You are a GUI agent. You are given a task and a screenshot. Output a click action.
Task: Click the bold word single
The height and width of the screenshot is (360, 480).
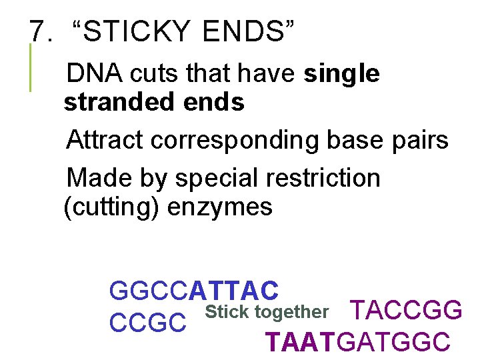point(341,74)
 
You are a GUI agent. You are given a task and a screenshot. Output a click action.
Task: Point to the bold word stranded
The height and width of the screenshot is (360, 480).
point(119,103)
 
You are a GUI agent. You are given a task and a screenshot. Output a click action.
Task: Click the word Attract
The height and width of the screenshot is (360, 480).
point(106,140)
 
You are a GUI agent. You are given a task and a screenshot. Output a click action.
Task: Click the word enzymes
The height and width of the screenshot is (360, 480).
point(220,208)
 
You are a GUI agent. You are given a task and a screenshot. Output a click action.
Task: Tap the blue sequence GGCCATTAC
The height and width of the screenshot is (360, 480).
point(193,291)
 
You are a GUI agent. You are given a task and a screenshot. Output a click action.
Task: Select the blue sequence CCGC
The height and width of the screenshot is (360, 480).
point(147,322)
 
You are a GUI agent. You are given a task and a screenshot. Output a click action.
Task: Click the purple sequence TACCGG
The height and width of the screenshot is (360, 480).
point(406,311)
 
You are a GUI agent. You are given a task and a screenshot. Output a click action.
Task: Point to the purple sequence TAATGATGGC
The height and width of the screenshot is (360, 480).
point(358,342)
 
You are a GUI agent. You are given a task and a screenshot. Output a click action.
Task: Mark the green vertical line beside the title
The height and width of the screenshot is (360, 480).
point(30,67)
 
